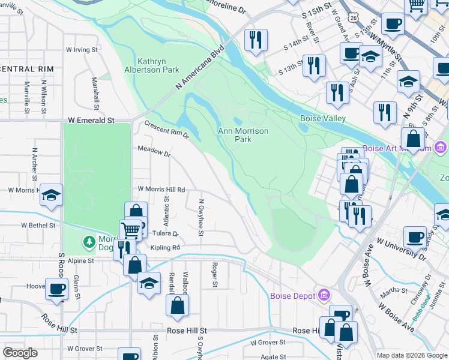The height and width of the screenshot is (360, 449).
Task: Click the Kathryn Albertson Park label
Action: [158, 65]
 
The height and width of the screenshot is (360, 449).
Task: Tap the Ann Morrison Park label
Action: [243, 135]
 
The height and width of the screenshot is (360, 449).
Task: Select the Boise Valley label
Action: [322, 119]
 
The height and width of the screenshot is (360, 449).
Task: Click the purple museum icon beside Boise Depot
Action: [325, 295]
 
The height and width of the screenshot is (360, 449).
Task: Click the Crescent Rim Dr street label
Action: [167, 130]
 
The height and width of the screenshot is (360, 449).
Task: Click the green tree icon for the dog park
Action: [89, 241]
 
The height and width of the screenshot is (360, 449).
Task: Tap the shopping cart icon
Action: [130, 230]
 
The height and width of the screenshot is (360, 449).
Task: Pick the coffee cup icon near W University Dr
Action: [415, 237]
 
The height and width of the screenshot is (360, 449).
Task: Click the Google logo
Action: [20, 353]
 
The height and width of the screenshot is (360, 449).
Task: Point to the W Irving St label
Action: [82, 49]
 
